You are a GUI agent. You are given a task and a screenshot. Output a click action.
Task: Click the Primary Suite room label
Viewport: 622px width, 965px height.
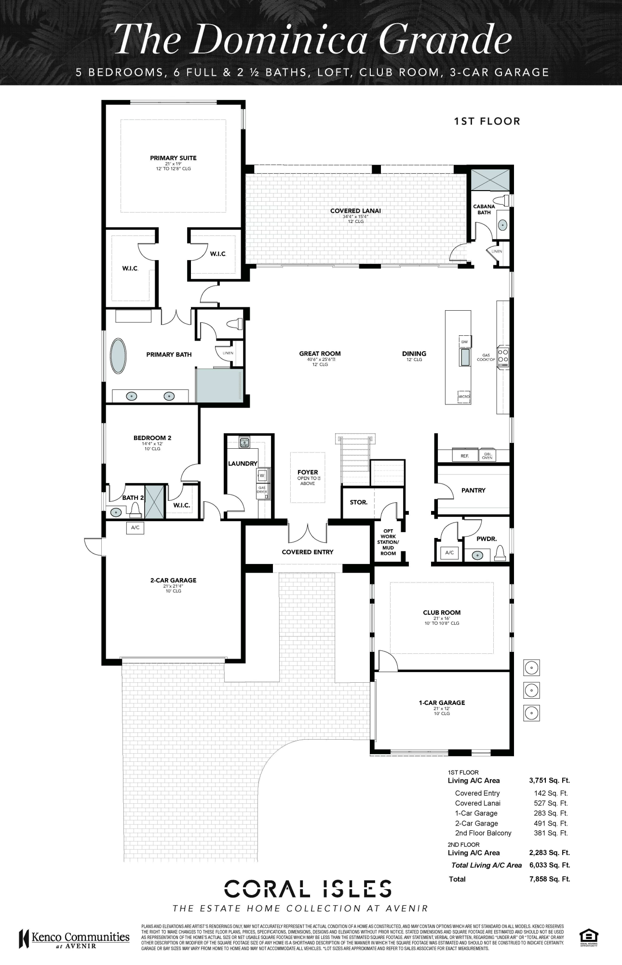point(173,158)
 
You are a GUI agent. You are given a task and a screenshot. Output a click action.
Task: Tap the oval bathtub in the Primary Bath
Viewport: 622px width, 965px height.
point(119,356)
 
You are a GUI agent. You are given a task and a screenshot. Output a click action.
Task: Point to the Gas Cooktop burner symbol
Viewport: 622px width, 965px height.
point(503,356)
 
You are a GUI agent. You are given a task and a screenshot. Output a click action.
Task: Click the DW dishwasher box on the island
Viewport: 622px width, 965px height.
point(464,342)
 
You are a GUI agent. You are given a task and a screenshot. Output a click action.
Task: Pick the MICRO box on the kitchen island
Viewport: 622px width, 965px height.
point(463,396)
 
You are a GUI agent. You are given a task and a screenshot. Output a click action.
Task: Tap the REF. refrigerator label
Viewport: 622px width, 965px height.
point(465,455)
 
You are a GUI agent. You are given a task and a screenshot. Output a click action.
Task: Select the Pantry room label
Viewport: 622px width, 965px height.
point(473,490)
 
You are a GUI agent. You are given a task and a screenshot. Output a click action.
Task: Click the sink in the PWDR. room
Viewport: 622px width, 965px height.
point(478,555)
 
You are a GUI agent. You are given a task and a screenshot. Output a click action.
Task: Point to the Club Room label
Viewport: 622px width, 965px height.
point(442,612)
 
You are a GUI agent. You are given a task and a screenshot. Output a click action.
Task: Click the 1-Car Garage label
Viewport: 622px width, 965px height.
point(442,703)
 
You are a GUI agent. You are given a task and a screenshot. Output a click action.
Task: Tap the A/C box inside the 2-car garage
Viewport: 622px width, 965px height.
point(135,527)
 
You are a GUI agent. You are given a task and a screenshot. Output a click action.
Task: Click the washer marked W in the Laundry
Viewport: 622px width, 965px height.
point(262,475)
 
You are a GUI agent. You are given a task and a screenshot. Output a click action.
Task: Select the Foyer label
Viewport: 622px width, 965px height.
point(308,472)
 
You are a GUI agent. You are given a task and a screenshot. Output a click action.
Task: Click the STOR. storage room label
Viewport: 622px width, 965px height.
point(359,502)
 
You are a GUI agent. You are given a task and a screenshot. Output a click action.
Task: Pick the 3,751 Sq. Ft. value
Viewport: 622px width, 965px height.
point(549,780)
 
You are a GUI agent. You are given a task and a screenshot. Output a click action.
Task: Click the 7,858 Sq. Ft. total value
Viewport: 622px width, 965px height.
point(549,879)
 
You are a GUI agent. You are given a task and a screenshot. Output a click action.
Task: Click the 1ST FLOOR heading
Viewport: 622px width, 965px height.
point(487,121)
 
